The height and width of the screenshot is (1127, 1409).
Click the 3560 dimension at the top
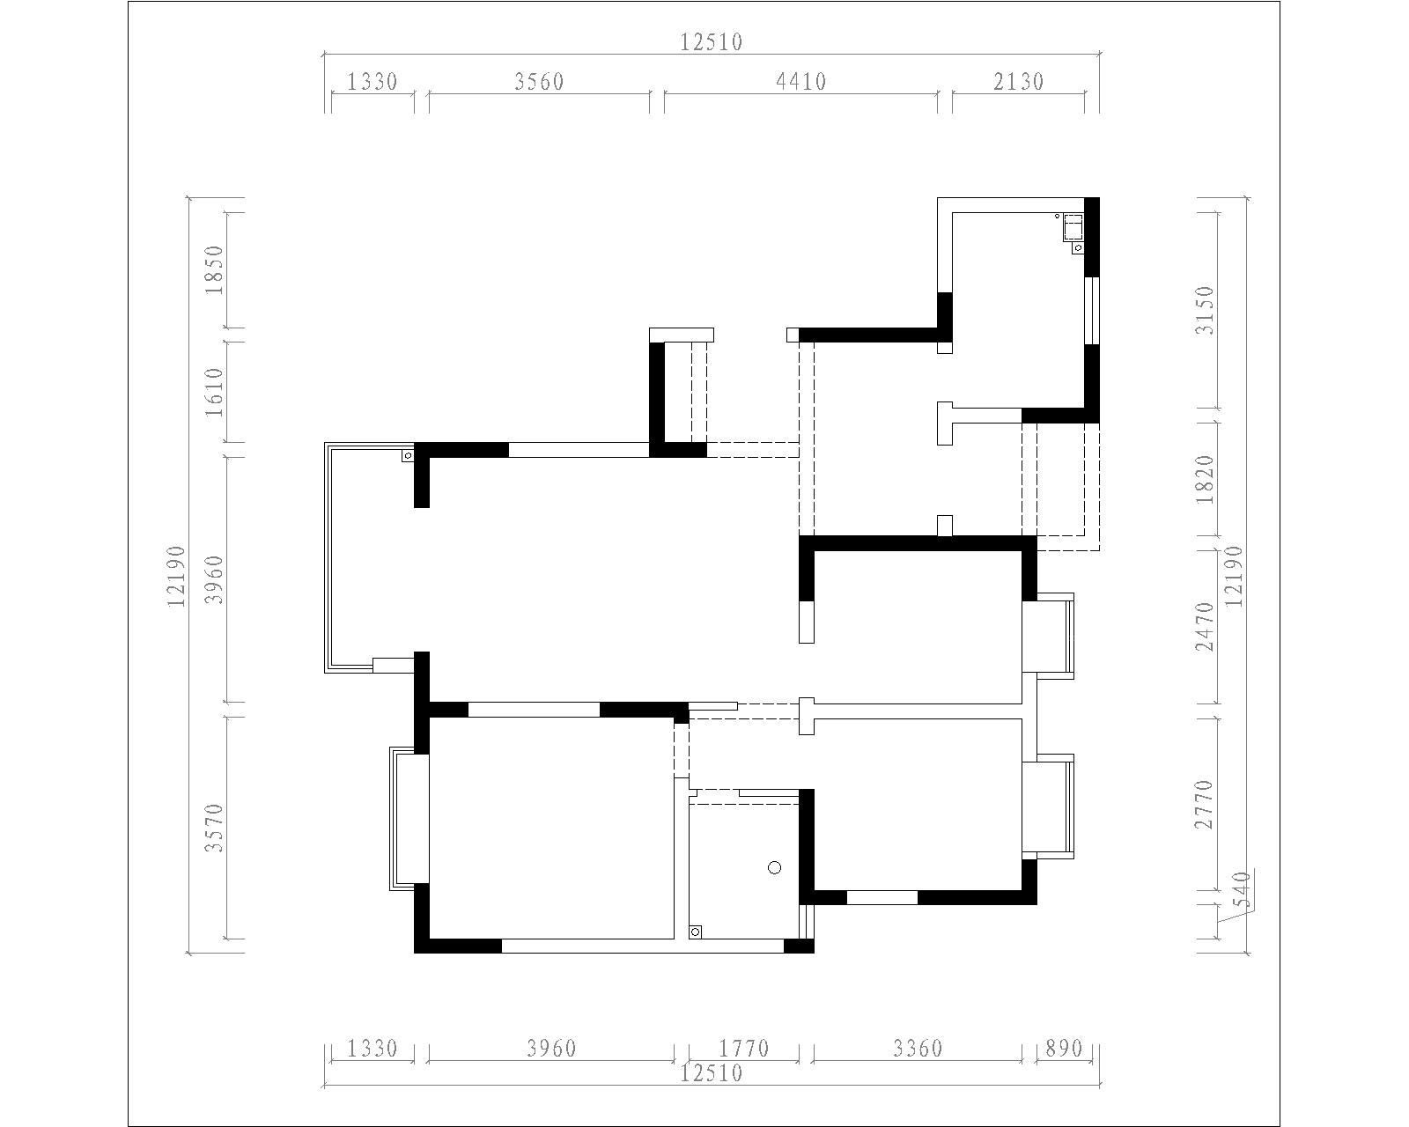(x=539, y=82)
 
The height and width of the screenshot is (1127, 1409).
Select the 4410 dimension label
(x=800, y=82)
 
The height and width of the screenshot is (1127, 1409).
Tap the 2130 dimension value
(x=1018, y=82)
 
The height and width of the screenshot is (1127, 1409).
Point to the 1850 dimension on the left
(x=214, y=269)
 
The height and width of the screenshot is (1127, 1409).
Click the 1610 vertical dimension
(x=214, y=393)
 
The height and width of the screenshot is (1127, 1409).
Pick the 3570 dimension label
(x=214, y=828)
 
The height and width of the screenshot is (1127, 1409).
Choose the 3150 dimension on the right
(x=1205, y=311)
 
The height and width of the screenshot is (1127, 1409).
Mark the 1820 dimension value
(x=1205, y=479)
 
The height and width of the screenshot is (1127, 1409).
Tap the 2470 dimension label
(x=1205, y=627)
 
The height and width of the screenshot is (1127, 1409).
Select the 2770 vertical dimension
(x=1205, y=804)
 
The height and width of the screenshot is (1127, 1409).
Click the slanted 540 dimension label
(x=1240, y=890)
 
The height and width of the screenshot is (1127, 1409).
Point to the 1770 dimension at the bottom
(x=744, y=1049)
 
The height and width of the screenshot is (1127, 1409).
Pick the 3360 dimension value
(x=918, y=1049)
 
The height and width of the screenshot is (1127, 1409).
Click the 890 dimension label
(x=1064, y=1049)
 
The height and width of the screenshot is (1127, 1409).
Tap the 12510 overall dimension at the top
(x=711, y=42)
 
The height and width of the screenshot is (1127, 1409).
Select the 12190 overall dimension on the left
(x=177, y=576)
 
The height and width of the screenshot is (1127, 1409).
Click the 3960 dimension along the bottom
(x=551, y=1049)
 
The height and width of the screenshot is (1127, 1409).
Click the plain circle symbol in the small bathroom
(x=775, y=867)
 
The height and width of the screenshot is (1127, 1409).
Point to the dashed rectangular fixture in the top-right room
(x=1073, y=229)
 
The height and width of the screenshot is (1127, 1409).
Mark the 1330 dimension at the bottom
(x=372, y=1049)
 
